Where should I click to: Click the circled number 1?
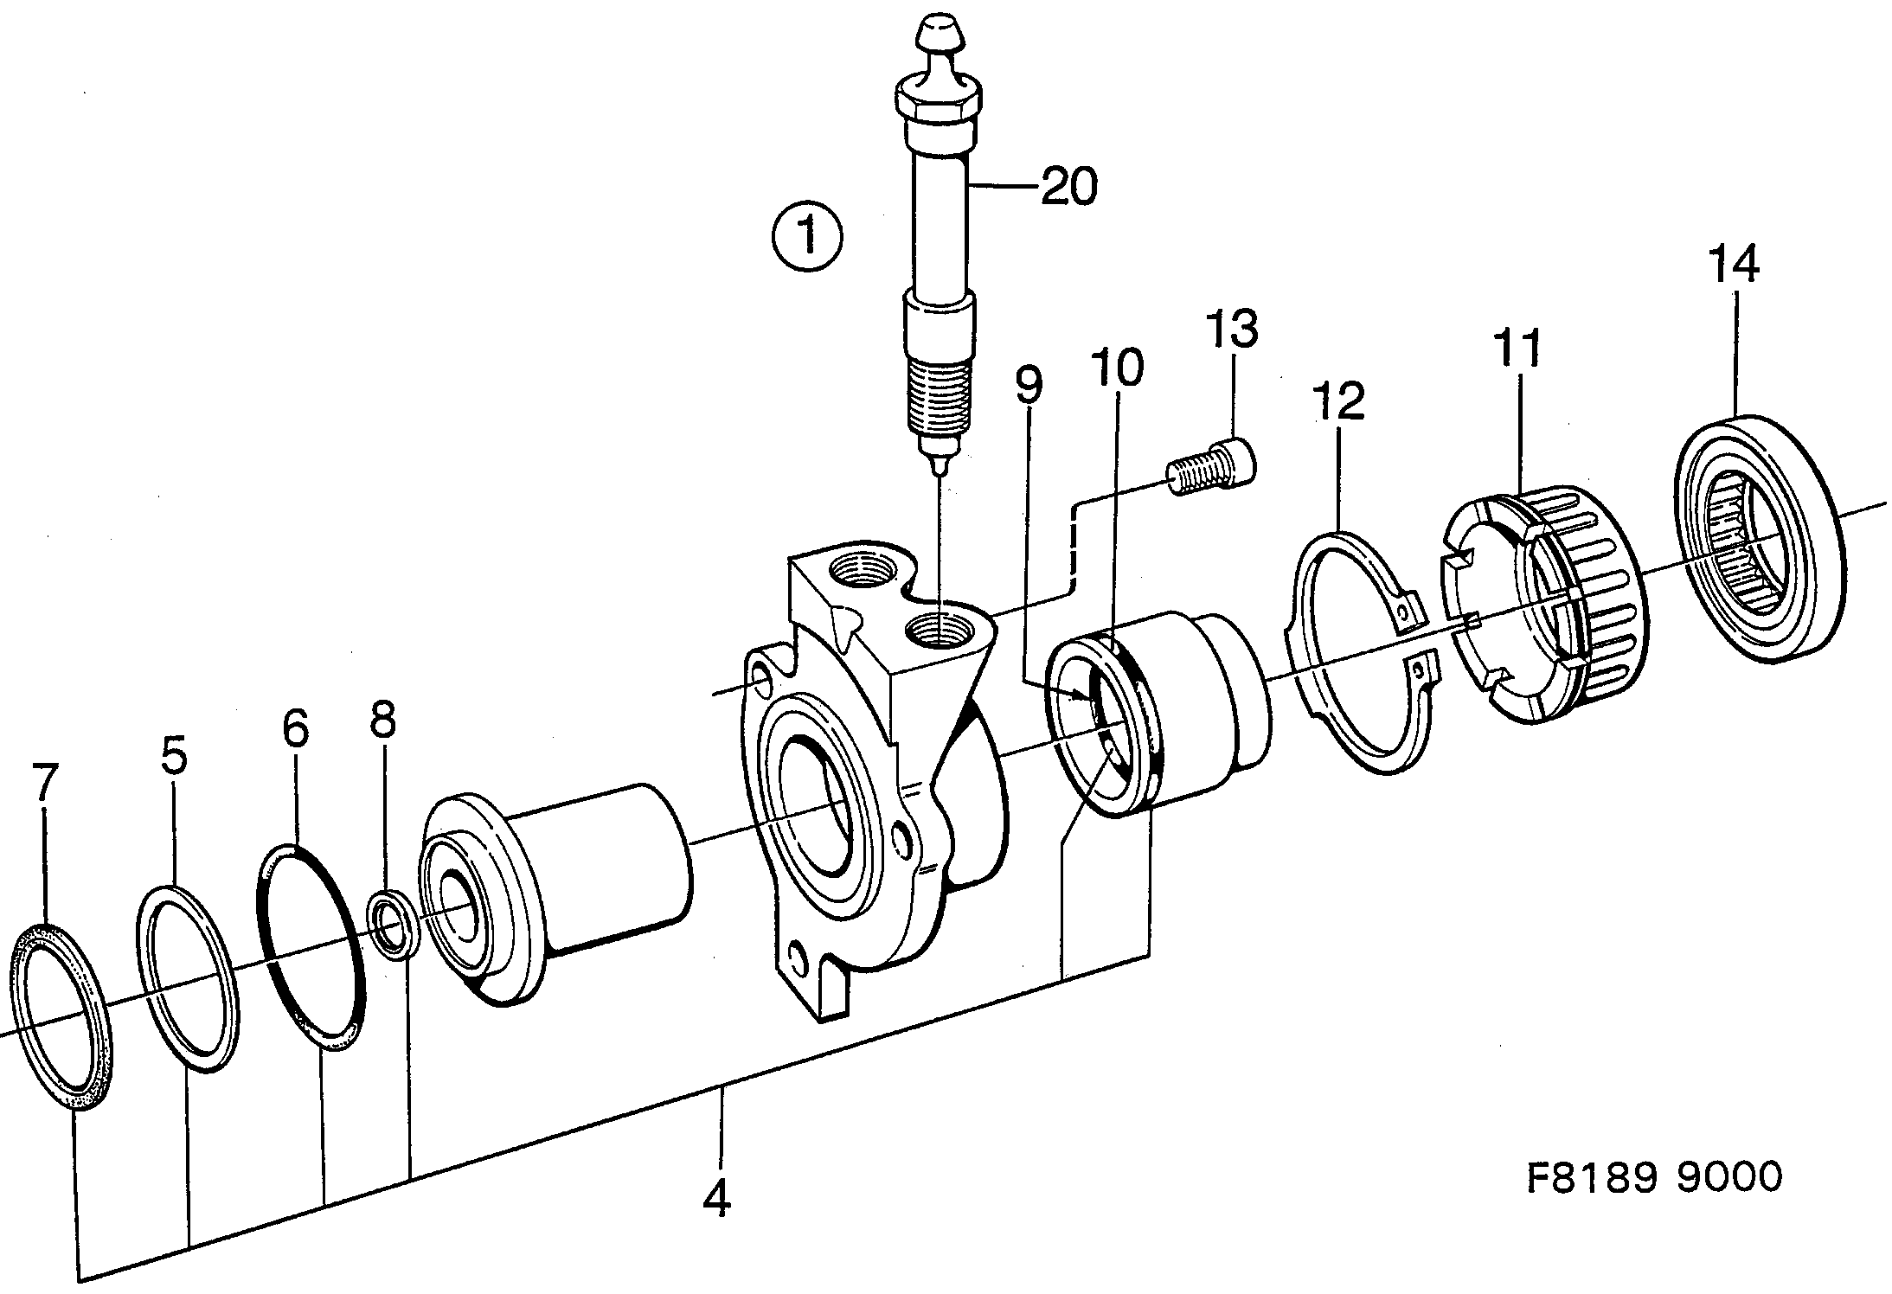coord(808,235)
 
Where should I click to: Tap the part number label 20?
coord(1068,186)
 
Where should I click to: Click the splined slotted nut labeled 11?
coord(1549,597)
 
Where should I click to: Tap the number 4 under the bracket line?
coord(717,1197)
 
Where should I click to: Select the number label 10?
coord(1116,368)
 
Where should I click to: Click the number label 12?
coord(1338,400)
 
